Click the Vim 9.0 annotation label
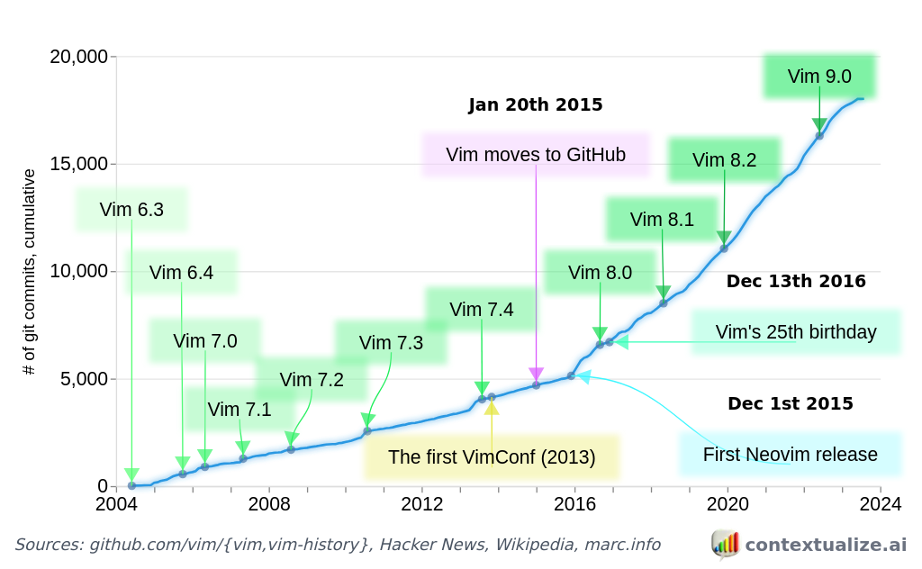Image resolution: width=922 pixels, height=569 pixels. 818,77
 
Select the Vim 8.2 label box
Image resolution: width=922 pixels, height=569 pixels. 724,160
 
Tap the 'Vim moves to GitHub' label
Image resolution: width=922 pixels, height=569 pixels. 536,154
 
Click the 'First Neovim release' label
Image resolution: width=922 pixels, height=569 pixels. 790,454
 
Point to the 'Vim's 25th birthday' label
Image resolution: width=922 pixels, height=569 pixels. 795,331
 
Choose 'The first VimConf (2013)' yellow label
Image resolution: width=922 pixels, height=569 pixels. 492,456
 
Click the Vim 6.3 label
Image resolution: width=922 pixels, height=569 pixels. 131,210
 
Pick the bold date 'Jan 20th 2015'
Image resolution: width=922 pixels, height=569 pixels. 535,105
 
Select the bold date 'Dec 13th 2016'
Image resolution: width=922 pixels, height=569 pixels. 795,282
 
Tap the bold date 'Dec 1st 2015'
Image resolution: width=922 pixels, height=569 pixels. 790,404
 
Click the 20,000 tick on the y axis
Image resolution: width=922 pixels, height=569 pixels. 77,57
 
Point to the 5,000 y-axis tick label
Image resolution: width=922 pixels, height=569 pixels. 83,379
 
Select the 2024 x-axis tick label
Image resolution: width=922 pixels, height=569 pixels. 880,503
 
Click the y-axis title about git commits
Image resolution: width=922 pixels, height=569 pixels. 30,271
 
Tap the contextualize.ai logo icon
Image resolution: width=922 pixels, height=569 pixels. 725,544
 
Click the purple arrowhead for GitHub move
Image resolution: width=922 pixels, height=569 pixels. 536,374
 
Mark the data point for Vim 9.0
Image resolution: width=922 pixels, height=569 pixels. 819,136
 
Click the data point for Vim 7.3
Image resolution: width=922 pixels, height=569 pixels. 367,431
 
